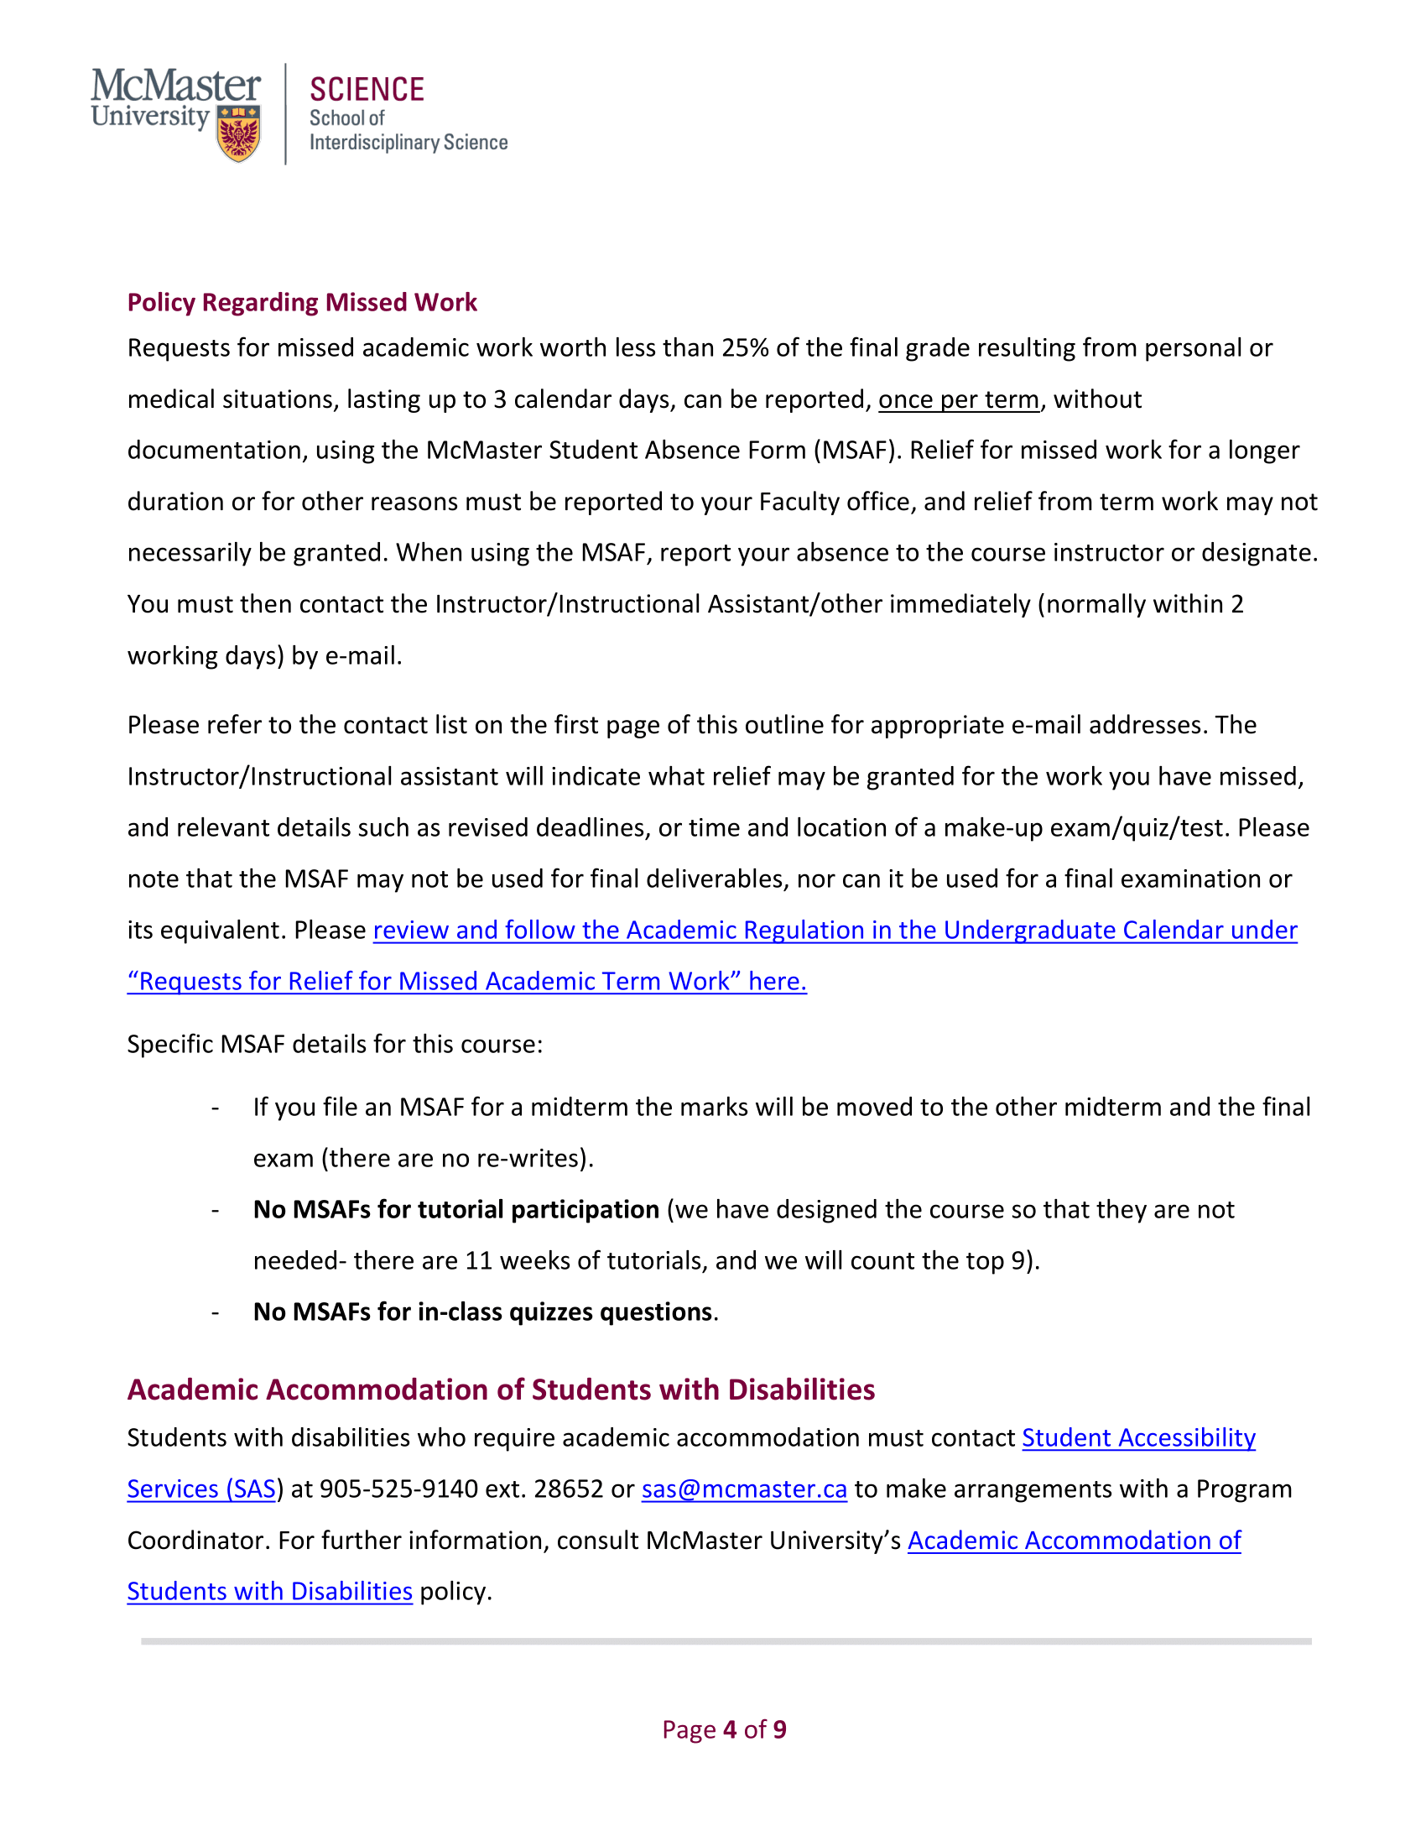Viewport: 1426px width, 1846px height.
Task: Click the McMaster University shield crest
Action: tap(238, 133)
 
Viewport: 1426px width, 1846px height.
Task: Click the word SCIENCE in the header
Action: tap(367, 90)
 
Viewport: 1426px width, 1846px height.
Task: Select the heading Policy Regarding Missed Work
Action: tap(302, 303)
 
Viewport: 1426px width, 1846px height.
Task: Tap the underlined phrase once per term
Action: tap(958, 399)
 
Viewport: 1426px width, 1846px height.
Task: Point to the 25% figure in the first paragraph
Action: tap(744, 348)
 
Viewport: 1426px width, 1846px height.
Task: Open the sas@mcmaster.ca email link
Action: tap(743, 1489)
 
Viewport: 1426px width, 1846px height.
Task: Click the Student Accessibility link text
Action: tap(1138, 1437)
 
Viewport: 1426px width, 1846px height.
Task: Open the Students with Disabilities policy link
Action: tap(269, 1592)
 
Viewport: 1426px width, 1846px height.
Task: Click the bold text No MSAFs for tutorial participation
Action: tap(456, 1209)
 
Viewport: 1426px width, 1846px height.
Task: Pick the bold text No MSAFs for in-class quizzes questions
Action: tap(482, 1311)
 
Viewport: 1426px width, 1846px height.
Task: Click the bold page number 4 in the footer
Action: tap(730, 1730)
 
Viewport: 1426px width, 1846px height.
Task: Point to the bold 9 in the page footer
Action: tap(779, 1730)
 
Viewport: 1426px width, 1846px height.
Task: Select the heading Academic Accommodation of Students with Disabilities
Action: tap(501, 1390)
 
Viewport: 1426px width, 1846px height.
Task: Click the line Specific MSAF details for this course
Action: tap(335, 1045)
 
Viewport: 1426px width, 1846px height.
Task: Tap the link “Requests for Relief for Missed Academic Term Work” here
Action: tap(466, 982)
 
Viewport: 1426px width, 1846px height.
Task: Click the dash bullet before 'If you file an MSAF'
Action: tap(216, 1108)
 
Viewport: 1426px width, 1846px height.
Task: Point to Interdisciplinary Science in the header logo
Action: tap(408, 143)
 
